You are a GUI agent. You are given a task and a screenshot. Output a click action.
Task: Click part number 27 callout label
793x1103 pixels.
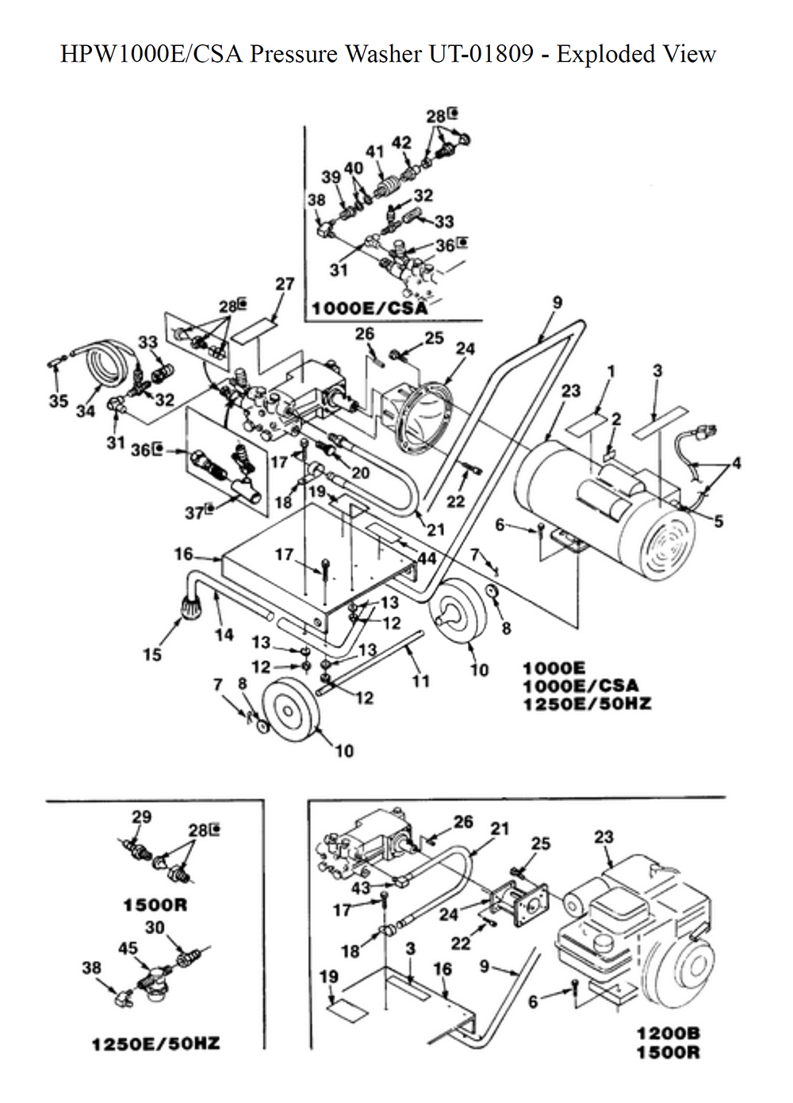pos(285,284)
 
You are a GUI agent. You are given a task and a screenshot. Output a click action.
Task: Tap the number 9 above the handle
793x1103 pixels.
pos(557,302)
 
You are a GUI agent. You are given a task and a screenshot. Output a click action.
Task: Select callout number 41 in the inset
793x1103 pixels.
pos(375,151)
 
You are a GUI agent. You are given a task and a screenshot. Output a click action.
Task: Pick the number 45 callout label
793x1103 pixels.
pos(128,948)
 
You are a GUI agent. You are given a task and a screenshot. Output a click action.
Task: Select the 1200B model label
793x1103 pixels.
pos(668,1033)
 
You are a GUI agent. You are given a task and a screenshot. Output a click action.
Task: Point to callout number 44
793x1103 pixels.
pos(427,558)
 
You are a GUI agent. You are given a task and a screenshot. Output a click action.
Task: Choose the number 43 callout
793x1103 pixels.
pos(361,888)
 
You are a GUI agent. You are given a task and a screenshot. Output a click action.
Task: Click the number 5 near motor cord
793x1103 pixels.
pos(718,521)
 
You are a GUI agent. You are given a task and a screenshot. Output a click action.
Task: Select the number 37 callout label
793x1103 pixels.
pos(194,513)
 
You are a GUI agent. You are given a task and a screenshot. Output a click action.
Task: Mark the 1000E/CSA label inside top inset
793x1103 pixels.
pos(370,308)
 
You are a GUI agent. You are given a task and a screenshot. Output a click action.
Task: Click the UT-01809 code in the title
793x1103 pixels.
pos(481,54)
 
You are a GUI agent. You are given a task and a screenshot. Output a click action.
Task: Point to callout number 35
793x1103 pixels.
pos(58,400)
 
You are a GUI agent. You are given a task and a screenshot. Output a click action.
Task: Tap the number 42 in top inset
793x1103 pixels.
pos(401,143)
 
